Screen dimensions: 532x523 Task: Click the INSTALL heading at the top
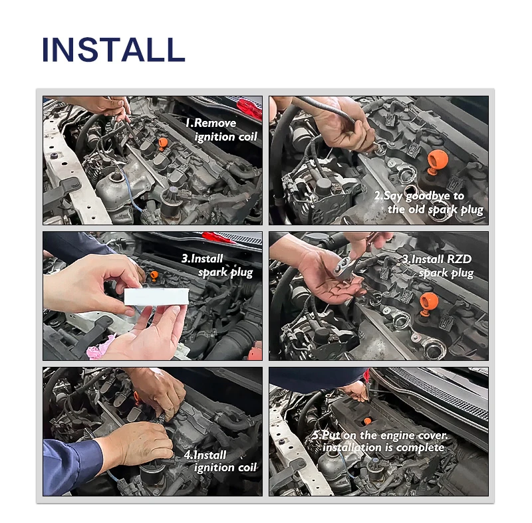113,49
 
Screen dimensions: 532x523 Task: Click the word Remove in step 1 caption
214,123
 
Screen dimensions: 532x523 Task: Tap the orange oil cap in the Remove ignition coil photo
163,144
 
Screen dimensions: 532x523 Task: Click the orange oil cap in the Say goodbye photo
437,162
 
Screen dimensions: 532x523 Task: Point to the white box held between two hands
156,296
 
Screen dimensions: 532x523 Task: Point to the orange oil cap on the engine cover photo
368,421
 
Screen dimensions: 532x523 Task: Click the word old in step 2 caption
417,209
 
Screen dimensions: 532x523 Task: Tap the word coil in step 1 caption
248,137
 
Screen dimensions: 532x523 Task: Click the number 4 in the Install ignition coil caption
188,455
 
